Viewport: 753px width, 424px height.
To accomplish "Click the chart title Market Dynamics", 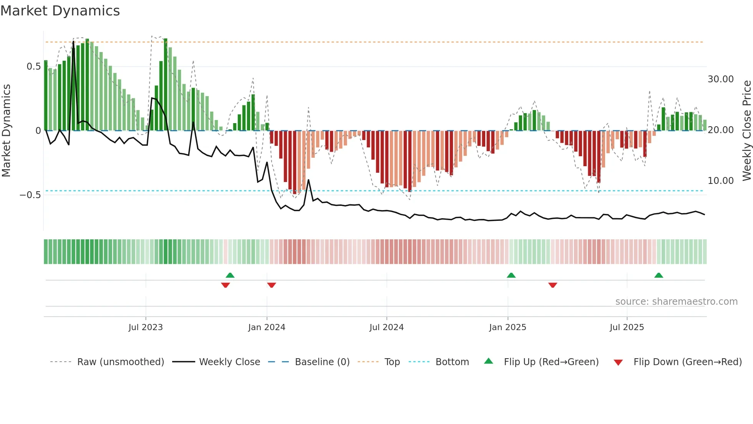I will tap(60, 11).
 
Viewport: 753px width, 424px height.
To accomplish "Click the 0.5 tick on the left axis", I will tap(33, 67).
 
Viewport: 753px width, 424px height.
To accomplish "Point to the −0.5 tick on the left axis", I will tap(30, 195).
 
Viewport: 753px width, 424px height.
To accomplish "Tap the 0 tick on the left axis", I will tap(38, 131).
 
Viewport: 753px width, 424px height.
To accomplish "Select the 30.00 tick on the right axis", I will tap(720, 79).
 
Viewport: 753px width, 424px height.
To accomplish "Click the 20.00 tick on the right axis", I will tap(720, 130).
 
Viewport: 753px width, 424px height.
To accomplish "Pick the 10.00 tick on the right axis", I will tap(720, 181).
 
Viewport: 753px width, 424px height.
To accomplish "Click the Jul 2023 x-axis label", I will tap(146, 327).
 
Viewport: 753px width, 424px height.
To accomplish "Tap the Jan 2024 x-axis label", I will tap(267, 327).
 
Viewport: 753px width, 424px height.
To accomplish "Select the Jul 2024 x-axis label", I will tap(386, 327).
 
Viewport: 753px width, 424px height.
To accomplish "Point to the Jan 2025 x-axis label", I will tap(508, 327).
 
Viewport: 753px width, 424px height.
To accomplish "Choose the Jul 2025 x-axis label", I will tap(627, 327).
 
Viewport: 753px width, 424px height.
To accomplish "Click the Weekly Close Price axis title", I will tap(746, 131).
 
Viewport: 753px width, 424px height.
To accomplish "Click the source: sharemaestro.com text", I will tap(676, 302).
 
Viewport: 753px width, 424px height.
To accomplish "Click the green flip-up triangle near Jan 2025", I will tap(511, 275).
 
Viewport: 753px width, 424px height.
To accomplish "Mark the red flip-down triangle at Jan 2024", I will tap(272, 285).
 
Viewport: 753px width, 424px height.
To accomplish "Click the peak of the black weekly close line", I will tap(73, 41).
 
